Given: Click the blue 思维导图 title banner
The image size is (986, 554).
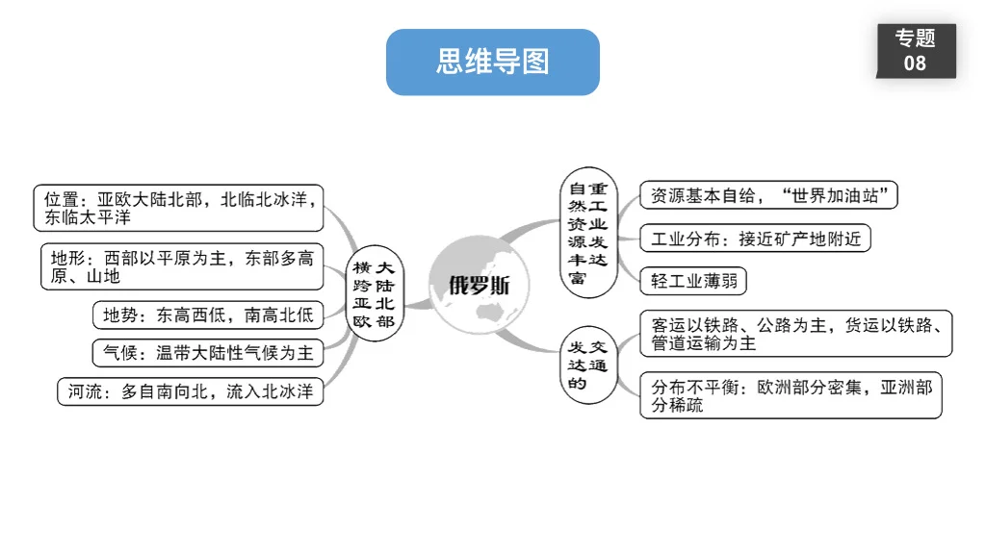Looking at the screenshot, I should click(x=492, y=63).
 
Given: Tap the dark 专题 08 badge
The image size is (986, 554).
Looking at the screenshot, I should click(x=915, y=51).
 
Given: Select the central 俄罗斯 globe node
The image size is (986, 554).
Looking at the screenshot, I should click(x=480, y=284).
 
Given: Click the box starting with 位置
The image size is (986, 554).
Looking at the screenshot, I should click(x=178, y=209).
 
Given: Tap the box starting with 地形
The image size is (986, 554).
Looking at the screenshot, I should click(x=182, y=267).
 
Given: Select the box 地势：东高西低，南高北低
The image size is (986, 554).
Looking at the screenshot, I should click(x=208, y=315).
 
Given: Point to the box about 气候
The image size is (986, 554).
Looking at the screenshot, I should click(x=208, y=353).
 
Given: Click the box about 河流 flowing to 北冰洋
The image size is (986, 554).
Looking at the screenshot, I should click(x=191, y=391).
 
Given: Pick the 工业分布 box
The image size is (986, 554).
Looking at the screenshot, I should click(x=755, y=239).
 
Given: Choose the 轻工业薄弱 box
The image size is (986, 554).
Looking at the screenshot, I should click(x=693, y=281).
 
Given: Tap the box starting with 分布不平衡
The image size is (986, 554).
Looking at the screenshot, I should click(x=791, y=395).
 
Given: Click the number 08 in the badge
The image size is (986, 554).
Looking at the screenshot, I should click(x=915, y=63).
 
